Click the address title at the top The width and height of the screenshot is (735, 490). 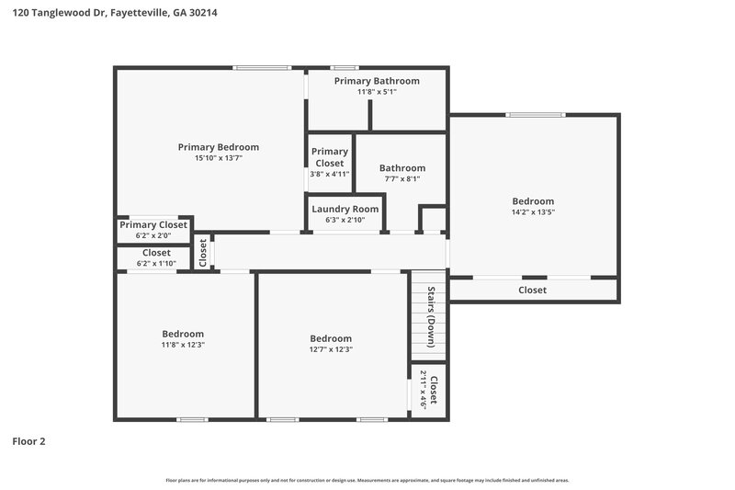[x=115, y=14]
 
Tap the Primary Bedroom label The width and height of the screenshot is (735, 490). [x=218, y=147]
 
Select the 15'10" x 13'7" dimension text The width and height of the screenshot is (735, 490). [x=218, y=158]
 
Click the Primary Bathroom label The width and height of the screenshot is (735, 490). [x=377, y=81]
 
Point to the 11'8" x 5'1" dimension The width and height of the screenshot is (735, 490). [x=377, y=92]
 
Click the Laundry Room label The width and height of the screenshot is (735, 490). [x=345, y=209]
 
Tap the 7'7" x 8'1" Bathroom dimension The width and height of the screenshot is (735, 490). [x=402, y=179]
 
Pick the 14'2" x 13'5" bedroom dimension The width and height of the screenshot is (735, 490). [x=533, y=212]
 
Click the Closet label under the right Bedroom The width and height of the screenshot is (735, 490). [x=532, y=290]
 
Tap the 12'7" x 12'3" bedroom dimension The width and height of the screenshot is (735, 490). [x=331, y=349]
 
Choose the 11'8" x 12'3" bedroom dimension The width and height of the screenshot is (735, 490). [x=183, y=345]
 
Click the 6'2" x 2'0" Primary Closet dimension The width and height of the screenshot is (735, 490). [x=153, y=235]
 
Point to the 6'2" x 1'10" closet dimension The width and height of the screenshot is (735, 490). [x=155, y=264]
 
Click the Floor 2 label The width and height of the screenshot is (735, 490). [x=28, y=441]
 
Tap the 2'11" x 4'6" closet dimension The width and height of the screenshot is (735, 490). [x=424, y=389]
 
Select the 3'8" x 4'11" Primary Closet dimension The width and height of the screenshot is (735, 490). [x=329, y=174]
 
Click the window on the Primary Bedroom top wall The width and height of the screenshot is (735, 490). [x=262, y=67]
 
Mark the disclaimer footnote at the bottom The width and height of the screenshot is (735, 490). [x=367, y=480]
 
